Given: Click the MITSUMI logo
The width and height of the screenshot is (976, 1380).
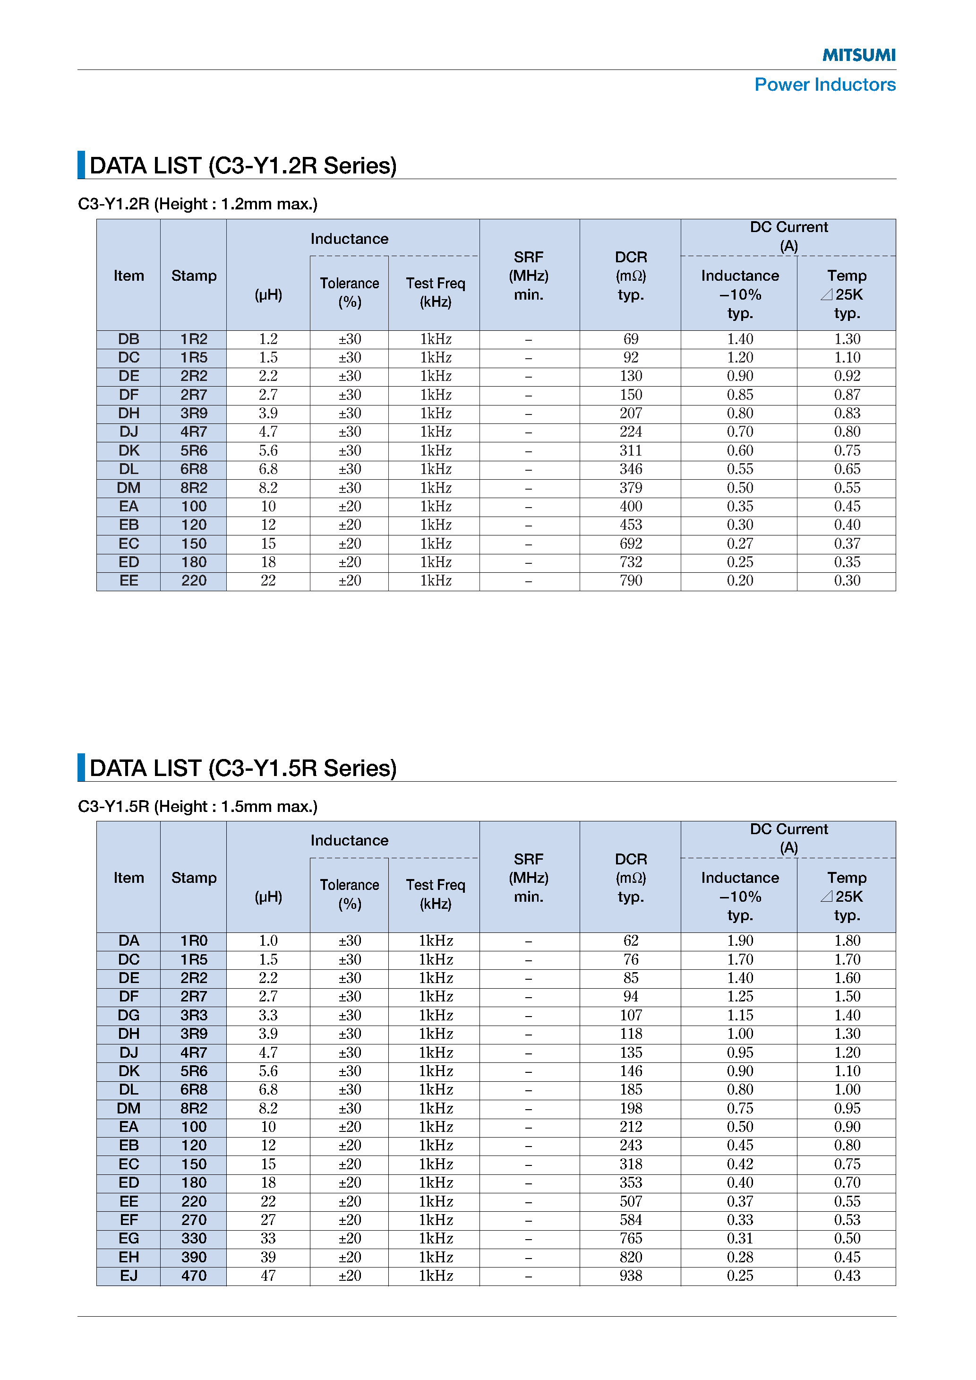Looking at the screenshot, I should [x=858, y=55].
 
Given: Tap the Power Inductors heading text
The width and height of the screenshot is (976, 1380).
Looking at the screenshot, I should [x=824, y=85].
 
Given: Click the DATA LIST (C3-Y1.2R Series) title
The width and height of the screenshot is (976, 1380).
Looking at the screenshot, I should [x=243, y=166].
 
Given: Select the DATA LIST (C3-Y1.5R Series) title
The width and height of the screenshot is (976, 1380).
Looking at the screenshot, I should [x=243, y=768].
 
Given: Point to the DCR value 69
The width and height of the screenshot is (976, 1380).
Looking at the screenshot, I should [x=631, y=339].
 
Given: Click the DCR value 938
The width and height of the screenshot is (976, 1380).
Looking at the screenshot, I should [x=631, y=1276].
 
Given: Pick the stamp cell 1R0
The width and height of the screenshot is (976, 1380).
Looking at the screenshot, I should [x=194, y=940].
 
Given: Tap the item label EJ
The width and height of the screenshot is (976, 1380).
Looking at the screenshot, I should [x=128, y=1276].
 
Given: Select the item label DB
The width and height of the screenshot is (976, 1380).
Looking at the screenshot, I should [x=128, y=339].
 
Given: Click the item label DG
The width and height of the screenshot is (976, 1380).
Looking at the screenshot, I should [x=128, y=1015].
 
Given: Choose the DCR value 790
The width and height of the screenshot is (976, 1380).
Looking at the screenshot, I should [x=631, y=581].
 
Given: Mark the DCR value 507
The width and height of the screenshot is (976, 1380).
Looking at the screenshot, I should [x=631, y=1201].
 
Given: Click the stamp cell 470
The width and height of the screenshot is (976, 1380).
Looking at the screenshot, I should [x=194, y=1276].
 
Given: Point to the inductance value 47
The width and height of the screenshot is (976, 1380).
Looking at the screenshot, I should [x=268, y=1276].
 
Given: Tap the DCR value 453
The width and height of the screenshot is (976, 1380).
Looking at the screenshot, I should [x=631, y=525].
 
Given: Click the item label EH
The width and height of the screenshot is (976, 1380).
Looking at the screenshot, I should [x=128, y=1257].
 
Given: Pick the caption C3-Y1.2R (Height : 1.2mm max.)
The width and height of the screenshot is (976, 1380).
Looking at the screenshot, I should [x=198, y=204].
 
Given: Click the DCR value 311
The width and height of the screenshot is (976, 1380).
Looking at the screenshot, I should [x=631, y=451].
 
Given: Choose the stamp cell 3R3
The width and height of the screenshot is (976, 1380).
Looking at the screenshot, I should [x=194, y=1015].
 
